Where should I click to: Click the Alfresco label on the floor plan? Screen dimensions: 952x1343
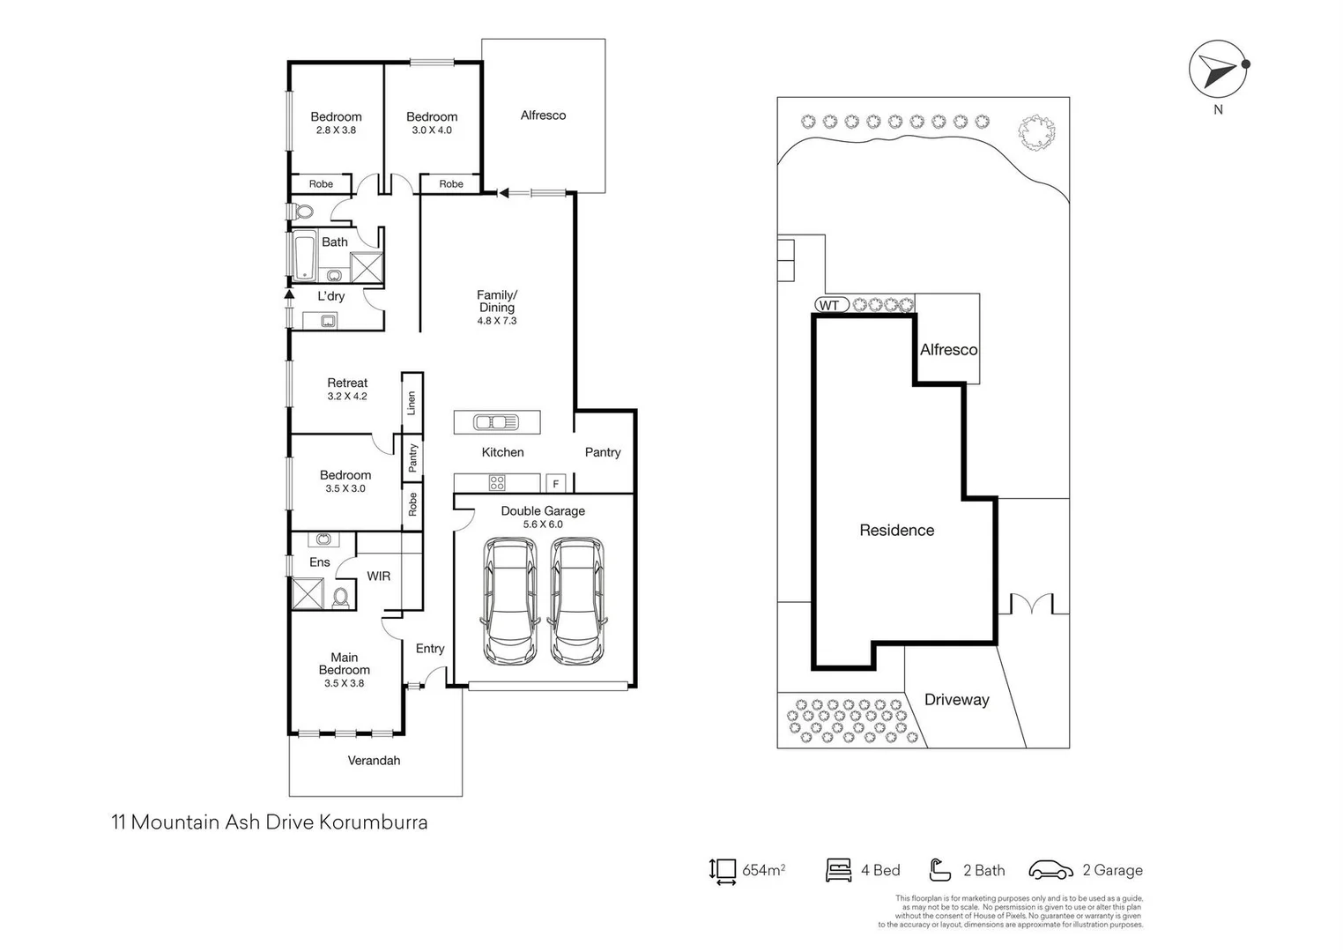pyautogui.click(x=543, y=115)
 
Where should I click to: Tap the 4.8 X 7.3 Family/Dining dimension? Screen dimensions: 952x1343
pyautogui.click(x=497, y=321)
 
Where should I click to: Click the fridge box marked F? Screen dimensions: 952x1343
pyautogui.click(x=555, y=483)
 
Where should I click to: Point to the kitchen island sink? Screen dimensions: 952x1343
pyautogui.click(x=496, y=422)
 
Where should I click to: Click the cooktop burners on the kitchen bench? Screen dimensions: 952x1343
pyautogui.click(x=497, y=482)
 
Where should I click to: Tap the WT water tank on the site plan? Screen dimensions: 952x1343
pyautogui.click(x=830, y=305)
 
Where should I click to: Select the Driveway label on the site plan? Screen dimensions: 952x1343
pyautogui.click(x=956, y=700)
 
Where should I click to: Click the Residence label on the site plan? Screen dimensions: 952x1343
pyautogui.click(x=896, y=530)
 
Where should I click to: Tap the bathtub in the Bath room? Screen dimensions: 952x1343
pyautogui.click(x=305, y=256)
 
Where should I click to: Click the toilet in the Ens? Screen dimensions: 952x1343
pyautogui.click(x=341, y=599)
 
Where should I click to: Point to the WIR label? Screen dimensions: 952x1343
pyautogui.click(x=378, y=576)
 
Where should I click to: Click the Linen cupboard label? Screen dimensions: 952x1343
pyautogui.click(x=412, y=404)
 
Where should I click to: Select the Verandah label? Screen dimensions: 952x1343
pyautogui.click(x=374, y=760)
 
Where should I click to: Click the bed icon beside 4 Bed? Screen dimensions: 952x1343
pyautogui.click(x=838, y=870)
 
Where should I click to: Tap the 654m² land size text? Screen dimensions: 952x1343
pyautogui.click(x=763, y=870)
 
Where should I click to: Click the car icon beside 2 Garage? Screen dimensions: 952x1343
pyautogui.click(x=1050, y=870)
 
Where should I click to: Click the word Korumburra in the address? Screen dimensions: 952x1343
pyautogui.click(x=373, y=822)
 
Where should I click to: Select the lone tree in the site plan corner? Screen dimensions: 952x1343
pyautogui.click(x=1035, y=133)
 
